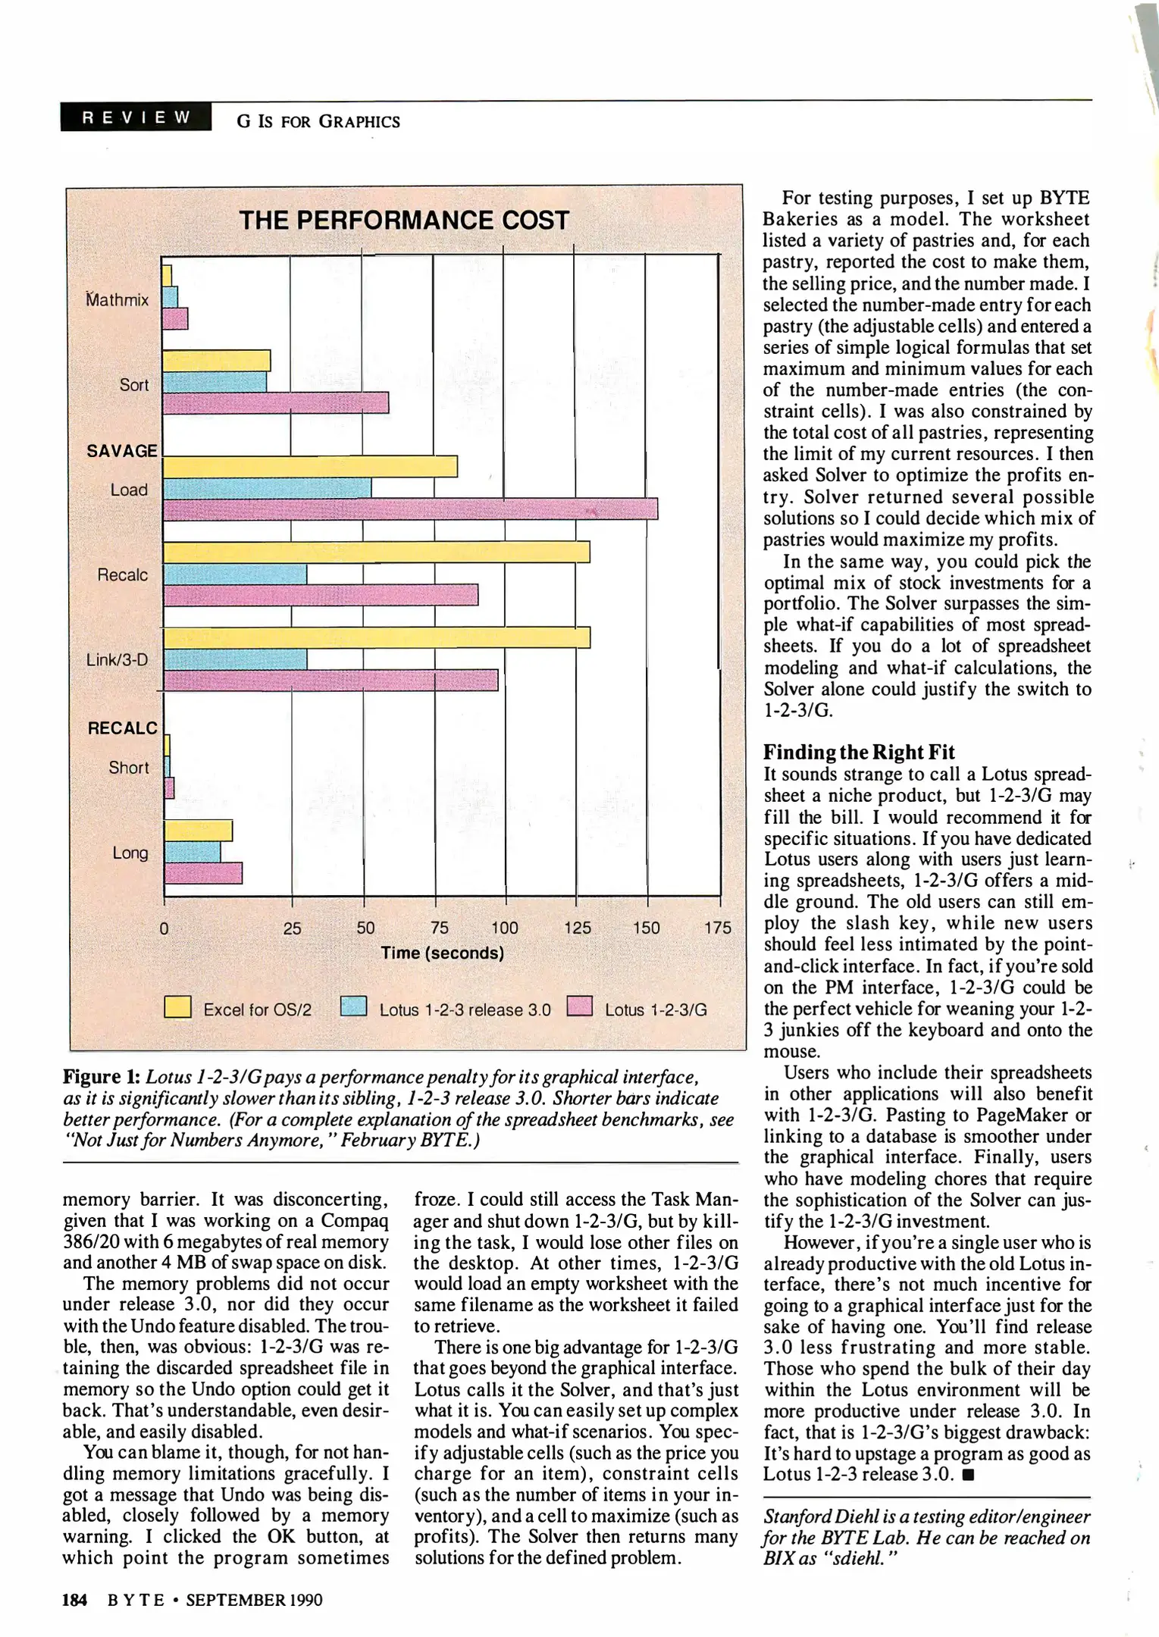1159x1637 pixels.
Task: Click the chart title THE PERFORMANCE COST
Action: tap(404, 221)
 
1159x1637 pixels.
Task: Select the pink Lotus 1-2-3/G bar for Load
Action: tap(410, 509)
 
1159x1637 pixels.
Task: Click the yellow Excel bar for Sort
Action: tap(217, 361)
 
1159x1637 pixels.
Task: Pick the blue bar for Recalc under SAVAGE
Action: tap(235, 574)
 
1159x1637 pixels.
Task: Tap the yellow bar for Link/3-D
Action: tap(377, 638)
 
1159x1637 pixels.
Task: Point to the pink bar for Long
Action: tap(203, 873)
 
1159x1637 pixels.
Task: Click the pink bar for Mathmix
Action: tap(175, 319)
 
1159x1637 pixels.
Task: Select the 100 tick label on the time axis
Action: tap(505, 928)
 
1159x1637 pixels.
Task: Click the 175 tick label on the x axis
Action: tap(717, 928)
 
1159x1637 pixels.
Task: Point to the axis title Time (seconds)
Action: tap(442, 953)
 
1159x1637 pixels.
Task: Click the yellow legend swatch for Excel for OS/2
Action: tap(178, 1007)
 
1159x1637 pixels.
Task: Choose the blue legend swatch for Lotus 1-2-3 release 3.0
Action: tap(353, 1006)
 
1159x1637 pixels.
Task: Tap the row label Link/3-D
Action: tap(117, 659)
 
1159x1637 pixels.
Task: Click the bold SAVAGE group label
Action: tap(121, 451)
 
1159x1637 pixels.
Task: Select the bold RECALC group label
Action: tap(123, 728)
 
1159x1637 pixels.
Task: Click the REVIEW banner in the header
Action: tap(136, 117)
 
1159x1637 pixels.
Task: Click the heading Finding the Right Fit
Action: tap(858, 752)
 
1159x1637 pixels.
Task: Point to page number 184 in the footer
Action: tap(74, 1600)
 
